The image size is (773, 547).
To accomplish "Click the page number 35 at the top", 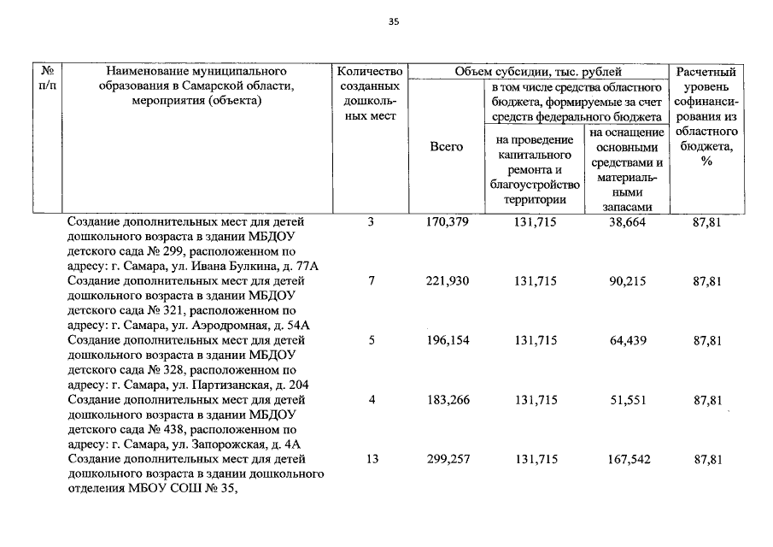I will coord(393,23).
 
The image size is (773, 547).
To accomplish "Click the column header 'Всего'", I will coord(446,147).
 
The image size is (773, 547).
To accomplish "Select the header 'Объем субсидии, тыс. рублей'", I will coord(538,72).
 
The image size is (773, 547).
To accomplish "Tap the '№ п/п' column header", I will coord(49,79).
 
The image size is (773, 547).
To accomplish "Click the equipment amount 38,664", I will coord(627,222).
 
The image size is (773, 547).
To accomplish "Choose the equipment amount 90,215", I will coord(627,281).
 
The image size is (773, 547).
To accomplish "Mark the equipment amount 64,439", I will coord(627,340).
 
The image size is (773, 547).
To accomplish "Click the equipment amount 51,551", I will coord(627,399).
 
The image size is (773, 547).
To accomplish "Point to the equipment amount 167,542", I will coord(627,459).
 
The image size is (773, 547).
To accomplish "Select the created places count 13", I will coord(372,459).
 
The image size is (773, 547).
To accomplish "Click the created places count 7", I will coord(372,281).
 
